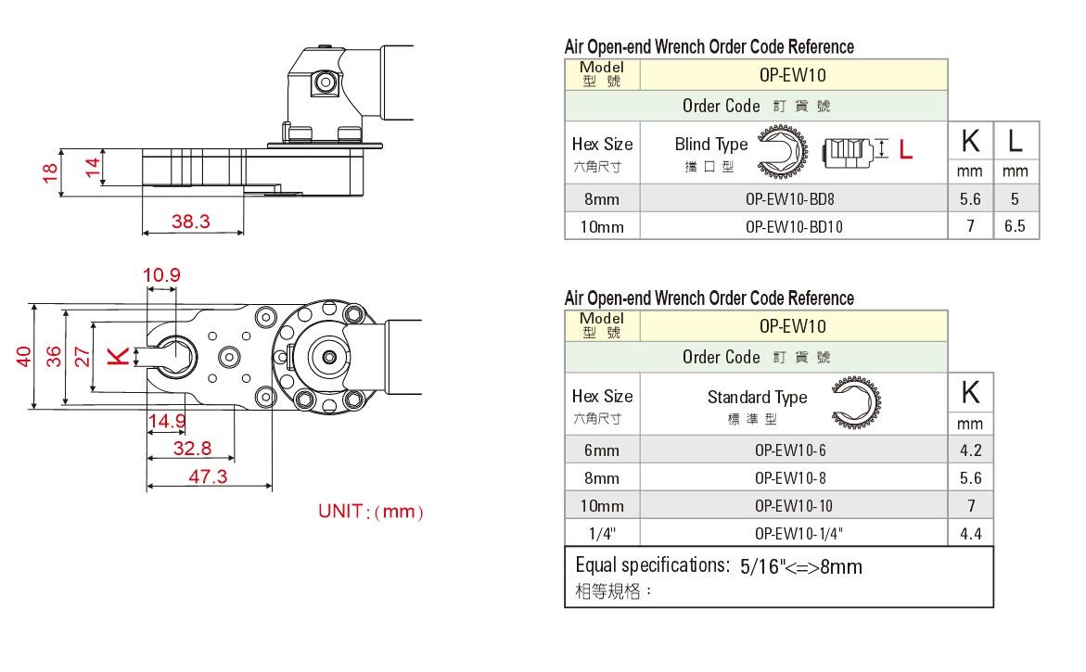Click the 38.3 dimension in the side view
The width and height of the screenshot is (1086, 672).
point(191,222)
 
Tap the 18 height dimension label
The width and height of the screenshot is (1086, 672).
point(50,171)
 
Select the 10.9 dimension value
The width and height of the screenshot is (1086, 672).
point(161,274)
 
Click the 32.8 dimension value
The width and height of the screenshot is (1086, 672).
point(192,449)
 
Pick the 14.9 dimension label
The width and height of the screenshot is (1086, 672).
point(167,422)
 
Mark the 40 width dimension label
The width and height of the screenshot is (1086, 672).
point(25,355)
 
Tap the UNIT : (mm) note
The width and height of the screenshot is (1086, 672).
point(371,512)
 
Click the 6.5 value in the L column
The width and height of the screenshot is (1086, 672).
point(1016,226)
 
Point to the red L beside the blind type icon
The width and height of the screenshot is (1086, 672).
point(906,149)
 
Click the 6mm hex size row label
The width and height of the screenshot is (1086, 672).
point(601,450)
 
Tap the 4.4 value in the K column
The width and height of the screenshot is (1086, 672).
point(970,533)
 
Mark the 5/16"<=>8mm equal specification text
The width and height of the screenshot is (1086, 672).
point(801,566)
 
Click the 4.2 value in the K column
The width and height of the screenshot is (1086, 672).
point(970,450)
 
